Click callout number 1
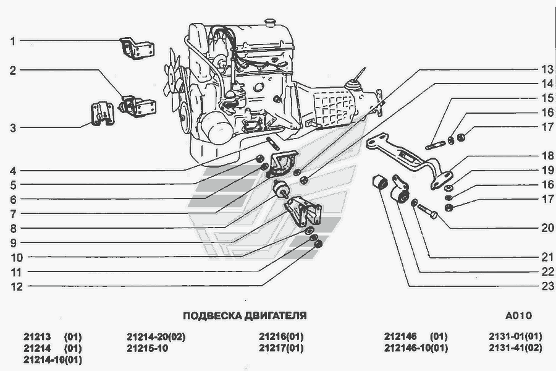point(12,41)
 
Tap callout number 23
point(547,286)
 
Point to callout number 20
point(547,228)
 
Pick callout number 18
point(547,156)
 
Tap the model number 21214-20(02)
point(156,337)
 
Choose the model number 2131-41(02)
point(515,348)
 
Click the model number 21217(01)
point(281,348)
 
